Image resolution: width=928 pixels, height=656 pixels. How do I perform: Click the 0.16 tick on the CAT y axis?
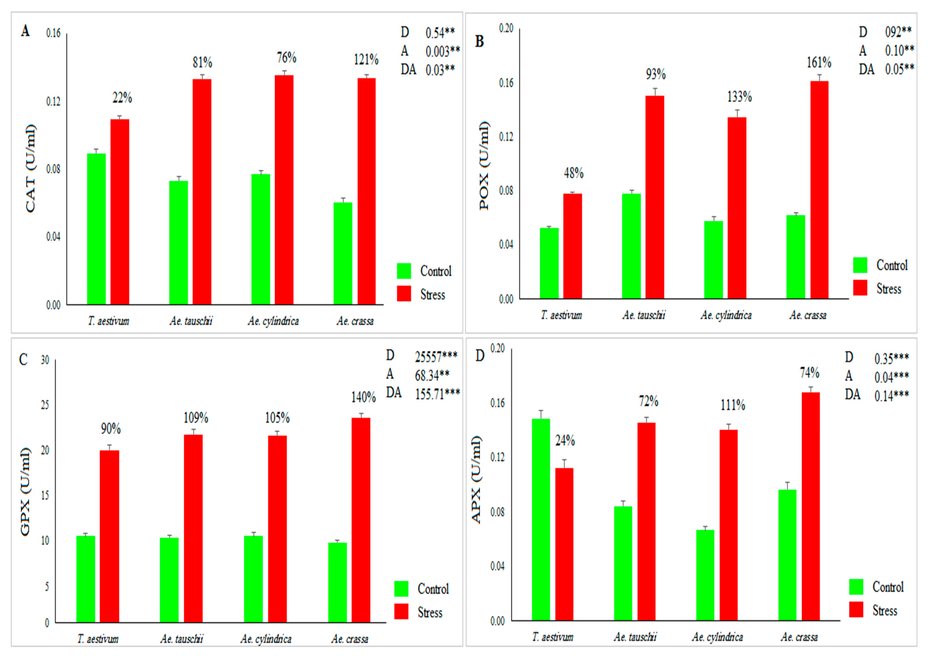[53, 33]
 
